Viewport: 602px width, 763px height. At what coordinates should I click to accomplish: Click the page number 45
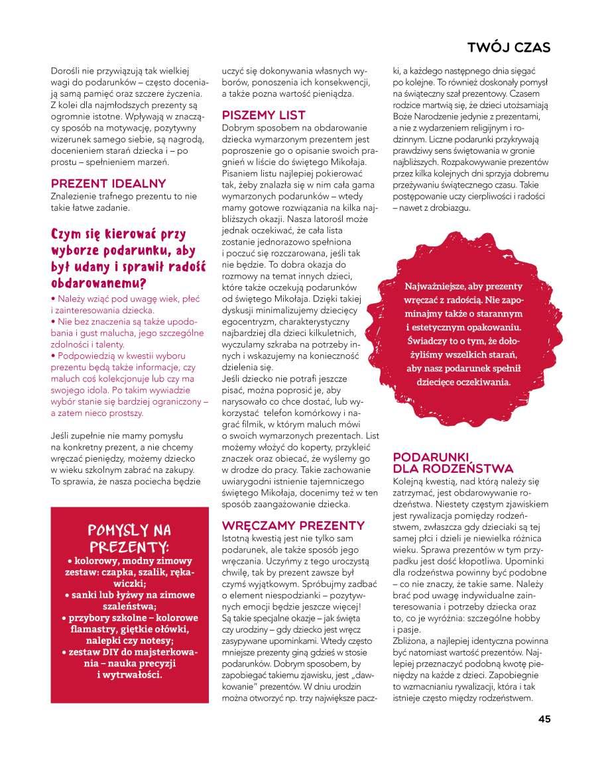(544, 719)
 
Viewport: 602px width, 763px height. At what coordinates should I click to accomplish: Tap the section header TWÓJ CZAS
(509, 48)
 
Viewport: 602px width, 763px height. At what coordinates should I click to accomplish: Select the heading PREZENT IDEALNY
(108, 183)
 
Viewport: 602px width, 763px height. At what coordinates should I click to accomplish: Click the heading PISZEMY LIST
(264, 115)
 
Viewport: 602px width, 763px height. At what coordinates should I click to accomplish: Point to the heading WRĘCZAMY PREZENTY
(293, 525)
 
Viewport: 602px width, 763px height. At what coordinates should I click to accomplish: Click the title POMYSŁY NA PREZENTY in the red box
(129, 538)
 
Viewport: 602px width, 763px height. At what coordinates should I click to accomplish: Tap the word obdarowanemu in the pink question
(95, 283)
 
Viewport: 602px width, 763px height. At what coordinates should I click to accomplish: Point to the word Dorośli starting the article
(66, 70)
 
